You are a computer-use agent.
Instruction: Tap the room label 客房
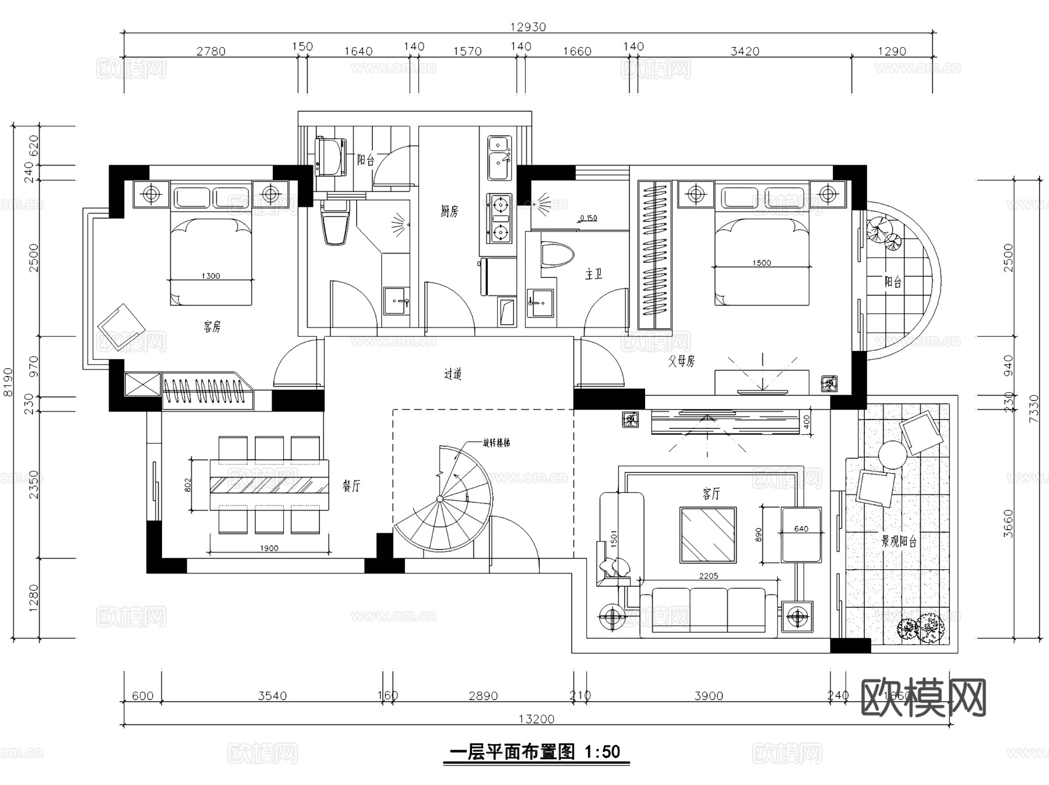coord(212,327)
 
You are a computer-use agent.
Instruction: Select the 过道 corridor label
coord(453,374)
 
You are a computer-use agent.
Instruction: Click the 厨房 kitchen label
coord(449,212)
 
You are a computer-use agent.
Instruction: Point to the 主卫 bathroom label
coord(593,274)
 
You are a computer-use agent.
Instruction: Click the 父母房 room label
coord(681,361)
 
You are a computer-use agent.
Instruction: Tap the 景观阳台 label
coord(899,541)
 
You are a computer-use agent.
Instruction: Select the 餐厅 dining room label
coord(351,486)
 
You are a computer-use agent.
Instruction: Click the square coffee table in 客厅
coord(707,535)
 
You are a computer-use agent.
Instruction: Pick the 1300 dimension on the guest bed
coord(210,276)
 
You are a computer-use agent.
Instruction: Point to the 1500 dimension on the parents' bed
coord(761,263)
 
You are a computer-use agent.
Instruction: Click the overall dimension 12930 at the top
coord(527,27)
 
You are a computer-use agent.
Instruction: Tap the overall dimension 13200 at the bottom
coord(536,719)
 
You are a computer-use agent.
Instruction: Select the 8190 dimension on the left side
coord(8,382)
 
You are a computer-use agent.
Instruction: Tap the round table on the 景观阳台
coord(892,455)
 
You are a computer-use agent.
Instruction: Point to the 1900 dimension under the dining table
coord(269,548)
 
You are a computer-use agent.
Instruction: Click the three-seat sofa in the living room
coord(708,609)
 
